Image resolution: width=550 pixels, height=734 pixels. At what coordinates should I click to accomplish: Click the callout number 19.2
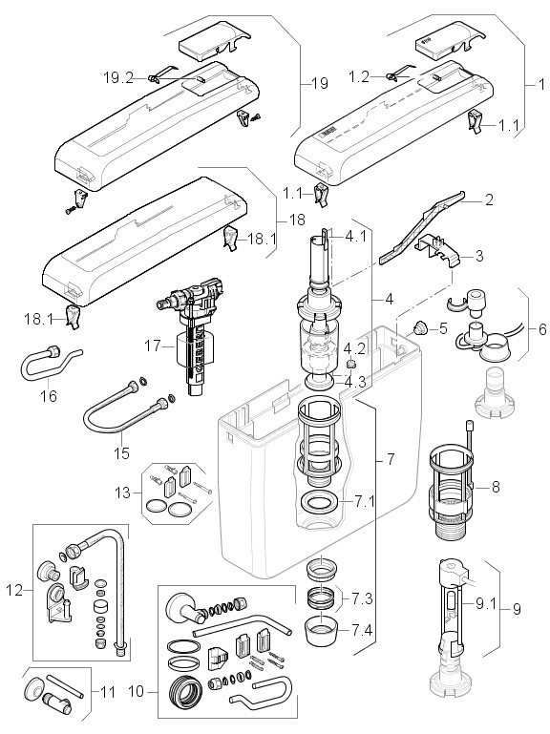(118, 77)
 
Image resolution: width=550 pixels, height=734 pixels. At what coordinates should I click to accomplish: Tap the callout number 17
(153, 346)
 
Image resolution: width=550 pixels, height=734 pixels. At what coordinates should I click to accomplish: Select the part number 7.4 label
(363, 631)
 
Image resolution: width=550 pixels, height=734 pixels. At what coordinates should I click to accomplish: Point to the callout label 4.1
(355, 236)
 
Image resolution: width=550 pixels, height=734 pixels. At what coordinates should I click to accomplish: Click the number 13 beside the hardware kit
(124, 493)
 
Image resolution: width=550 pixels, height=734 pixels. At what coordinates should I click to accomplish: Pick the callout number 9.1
(485, 604)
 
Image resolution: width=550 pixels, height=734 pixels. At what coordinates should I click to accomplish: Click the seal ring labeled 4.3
(321, 381)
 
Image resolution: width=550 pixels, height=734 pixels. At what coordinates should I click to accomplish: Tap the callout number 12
(14, 590)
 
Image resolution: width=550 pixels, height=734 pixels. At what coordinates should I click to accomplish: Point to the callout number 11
(108, 691)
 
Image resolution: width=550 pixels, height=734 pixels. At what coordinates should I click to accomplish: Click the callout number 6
(542, 329)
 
